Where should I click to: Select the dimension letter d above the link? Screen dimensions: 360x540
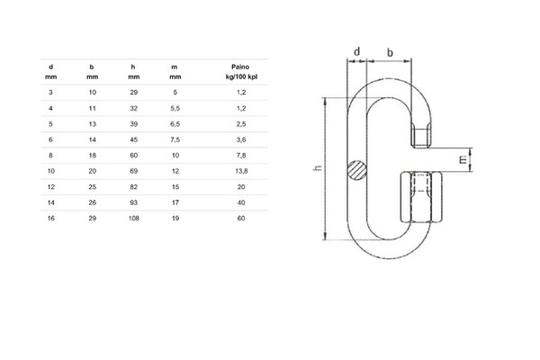[x=357, y=51]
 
